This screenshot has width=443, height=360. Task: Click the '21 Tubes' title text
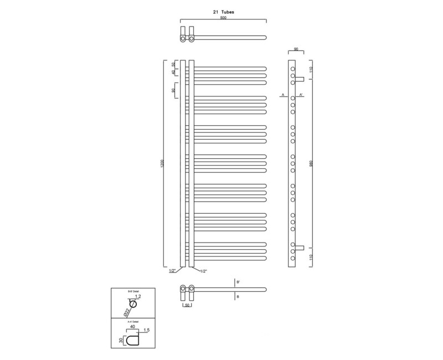click(x=223, y=11)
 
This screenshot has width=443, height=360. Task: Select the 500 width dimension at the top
click(x=223, y=18)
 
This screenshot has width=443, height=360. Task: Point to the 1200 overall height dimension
click(x=162, y=164)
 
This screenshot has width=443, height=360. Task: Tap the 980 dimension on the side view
click(x=312, y=164)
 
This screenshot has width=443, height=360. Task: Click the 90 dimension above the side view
click(x=296, y=49)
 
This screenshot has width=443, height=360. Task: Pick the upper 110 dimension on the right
click(x=312, y=69)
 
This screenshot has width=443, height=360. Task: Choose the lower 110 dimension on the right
click(x=312, y=258)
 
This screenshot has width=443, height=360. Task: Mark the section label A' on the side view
click(x=301, y=95)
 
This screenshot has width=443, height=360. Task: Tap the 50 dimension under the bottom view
click(x=188, y=305)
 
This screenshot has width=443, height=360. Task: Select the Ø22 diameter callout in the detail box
click(x=127, y=313)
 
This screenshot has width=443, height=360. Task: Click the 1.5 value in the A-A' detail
click(x=146, y=331)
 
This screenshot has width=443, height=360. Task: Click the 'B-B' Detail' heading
click(x=133, y=291)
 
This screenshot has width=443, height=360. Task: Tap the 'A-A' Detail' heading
click(x=133, y=321)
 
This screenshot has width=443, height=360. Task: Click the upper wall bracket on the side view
click(x=300, y=79)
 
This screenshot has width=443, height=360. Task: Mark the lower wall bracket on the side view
click(x=300, y=247)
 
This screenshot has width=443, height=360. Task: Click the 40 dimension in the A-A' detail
click(x=133, y=327)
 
